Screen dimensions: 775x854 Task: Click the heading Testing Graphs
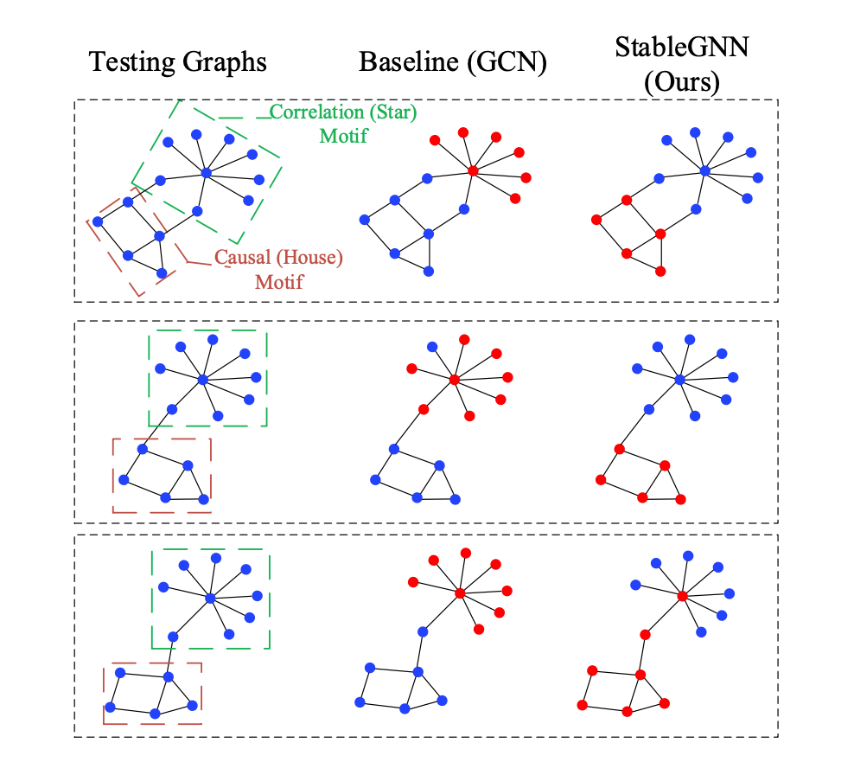[x=178, y=62]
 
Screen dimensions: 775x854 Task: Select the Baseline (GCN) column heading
[x=453, y=62]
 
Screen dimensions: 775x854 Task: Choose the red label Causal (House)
[x=278, y=258]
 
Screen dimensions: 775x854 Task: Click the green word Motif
[x=343, y=136]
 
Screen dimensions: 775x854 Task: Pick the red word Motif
[x=278, y=281]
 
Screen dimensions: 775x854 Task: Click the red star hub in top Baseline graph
[x=473, y=171]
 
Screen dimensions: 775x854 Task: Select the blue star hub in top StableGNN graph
[x=705, y=171]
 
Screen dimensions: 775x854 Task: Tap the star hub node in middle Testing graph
[x=202, y=380]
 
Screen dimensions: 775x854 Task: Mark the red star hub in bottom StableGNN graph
[x=682, y=596]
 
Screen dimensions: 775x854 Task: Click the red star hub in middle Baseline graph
[x=454, y=380]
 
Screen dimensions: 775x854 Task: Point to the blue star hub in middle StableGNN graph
[x=679, y=380]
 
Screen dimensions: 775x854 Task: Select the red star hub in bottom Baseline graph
[x=460, y=593]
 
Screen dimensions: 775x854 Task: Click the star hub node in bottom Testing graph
[x=209, y=597]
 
